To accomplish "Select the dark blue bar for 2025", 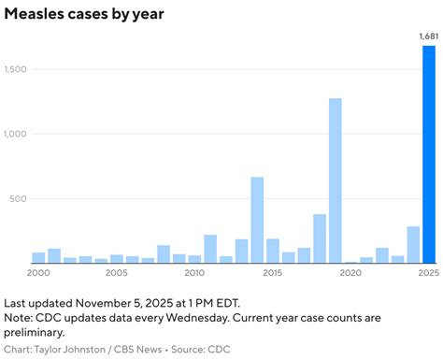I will pos(428,154).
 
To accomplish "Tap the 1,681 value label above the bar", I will pos(427,36).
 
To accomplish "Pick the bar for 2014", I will pos(257,220).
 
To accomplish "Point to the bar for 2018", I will pos(320,238).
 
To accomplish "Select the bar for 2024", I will pos(413,245).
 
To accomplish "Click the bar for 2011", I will pos(210,249).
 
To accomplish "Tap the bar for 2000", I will pos(38,257).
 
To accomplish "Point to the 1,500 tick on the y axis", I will pos(17,70).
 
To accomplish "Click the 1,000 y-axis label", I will pos(17,135).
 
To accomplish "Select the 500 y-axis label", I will pos(21,199).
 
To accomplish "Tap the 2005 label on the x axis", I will pos(117,273).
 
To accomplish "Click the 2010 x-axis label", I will pos(194,273).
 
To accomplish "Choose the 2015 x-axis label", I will pos(273,273).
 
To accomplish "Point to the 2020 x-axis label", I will pos(350,273).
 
